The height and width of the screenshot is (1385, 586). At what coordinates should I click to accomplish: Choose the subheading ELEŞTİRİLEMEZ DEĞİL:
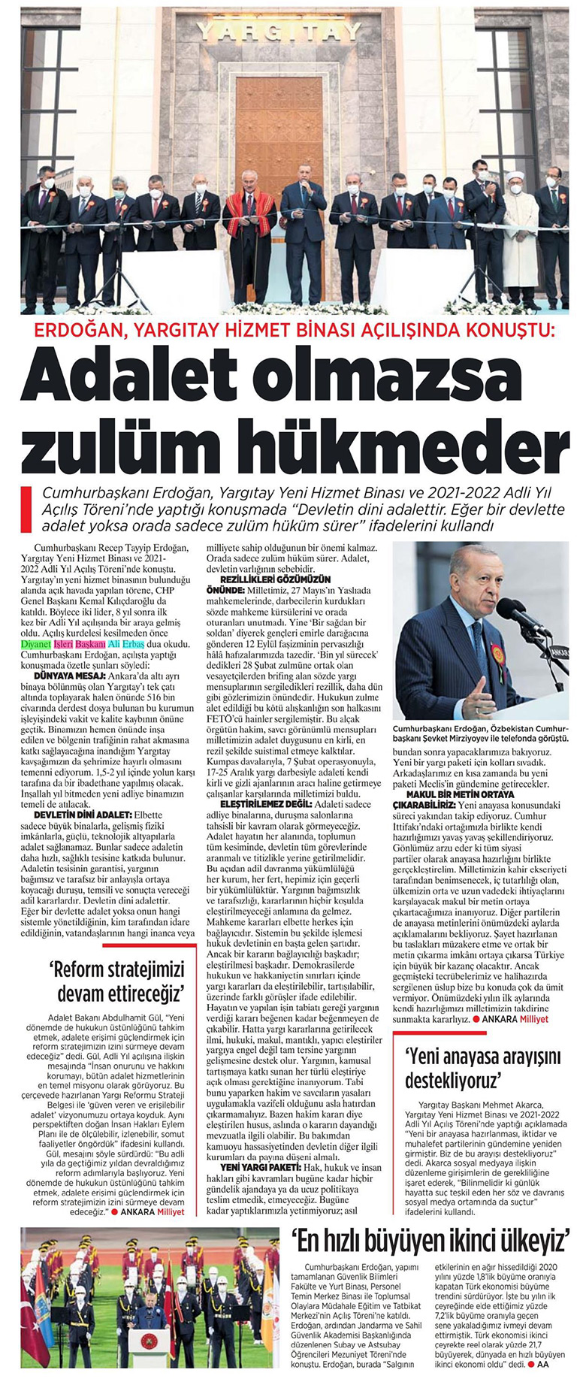[x=258, y=805]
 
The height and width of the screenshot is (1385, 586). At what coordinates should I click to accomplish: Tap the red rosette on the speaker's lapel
[x=497, y=652]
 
